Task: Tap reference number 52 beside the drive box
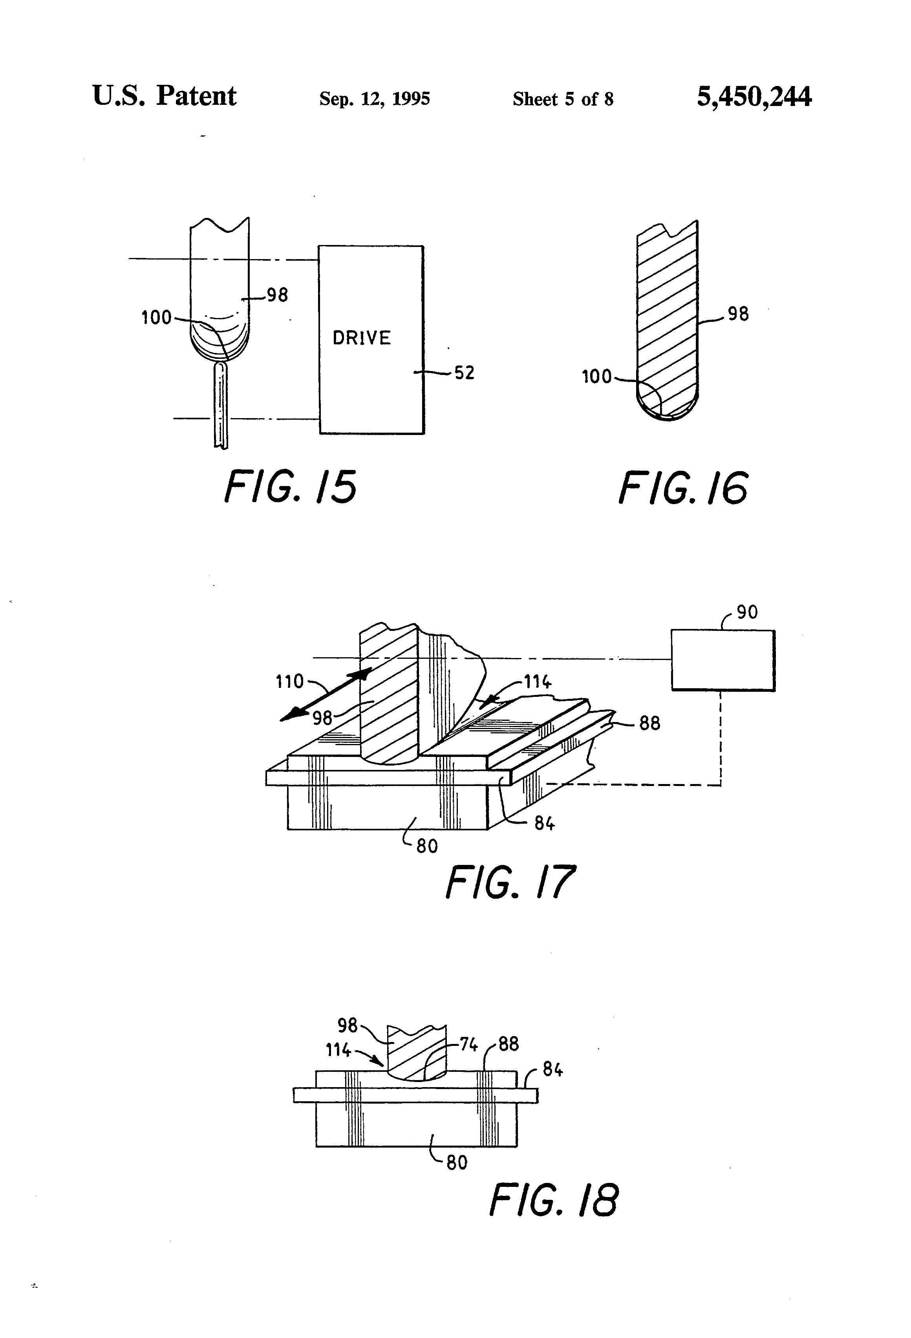pyautogui.click(x=464, y=373)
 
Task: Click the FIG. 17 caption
pyautogui.click(x=510, y=882)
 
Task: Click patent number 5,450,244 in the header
pyautogui.click(x=754, y=96)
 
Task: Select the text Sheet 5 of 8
pyautogui.click(x=563, y=99)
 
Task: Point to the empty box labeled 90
pyautogui.click(x=723, y=660)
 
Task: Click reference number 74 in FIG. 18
pyautogui.click(x=469, y=1044)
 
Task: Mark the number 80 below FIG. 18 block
pyautogui.click(x=457, y=1163)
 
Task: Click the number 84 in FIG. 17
pyautogui.click(x=544, y=823)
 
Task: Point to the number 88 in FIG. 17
pyautogui.click(x=649, y=723)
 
